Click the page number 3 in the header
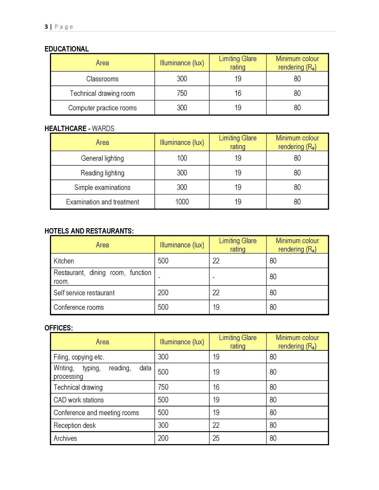[x=46, y=27]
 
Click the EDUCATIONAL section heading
[x=66, y=49]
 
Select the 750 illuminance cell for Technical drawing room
[x=182, y=93]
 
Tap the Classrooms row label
[x=102, y=79]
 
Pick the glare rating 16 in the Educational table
[x=238, y=93]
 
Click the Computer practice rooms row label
[x=102, y=108]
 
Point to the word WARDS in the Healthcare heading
[x=103, y=128]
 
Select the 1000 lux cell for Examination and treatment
[x=182, y=202]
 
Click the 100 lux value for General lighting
[x=182, y=158]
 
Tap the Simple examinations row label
[x=102, y=187]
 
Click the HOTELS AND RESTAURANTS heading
[x=89, y=231]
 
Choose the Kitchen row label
[x=64, y=261]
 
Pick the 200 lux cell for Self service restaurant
[x=163, y=293]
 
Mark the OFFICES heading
[x=59, y=328]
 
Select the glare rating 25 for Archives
[x=216, y=438]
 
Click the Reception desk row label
[x=74, y=425]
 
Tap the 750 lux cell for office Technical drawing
[x=163, y=387]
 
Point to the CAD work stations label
[x=78, y=400]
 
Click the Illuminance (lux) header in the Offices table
[x=182, y=342]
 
